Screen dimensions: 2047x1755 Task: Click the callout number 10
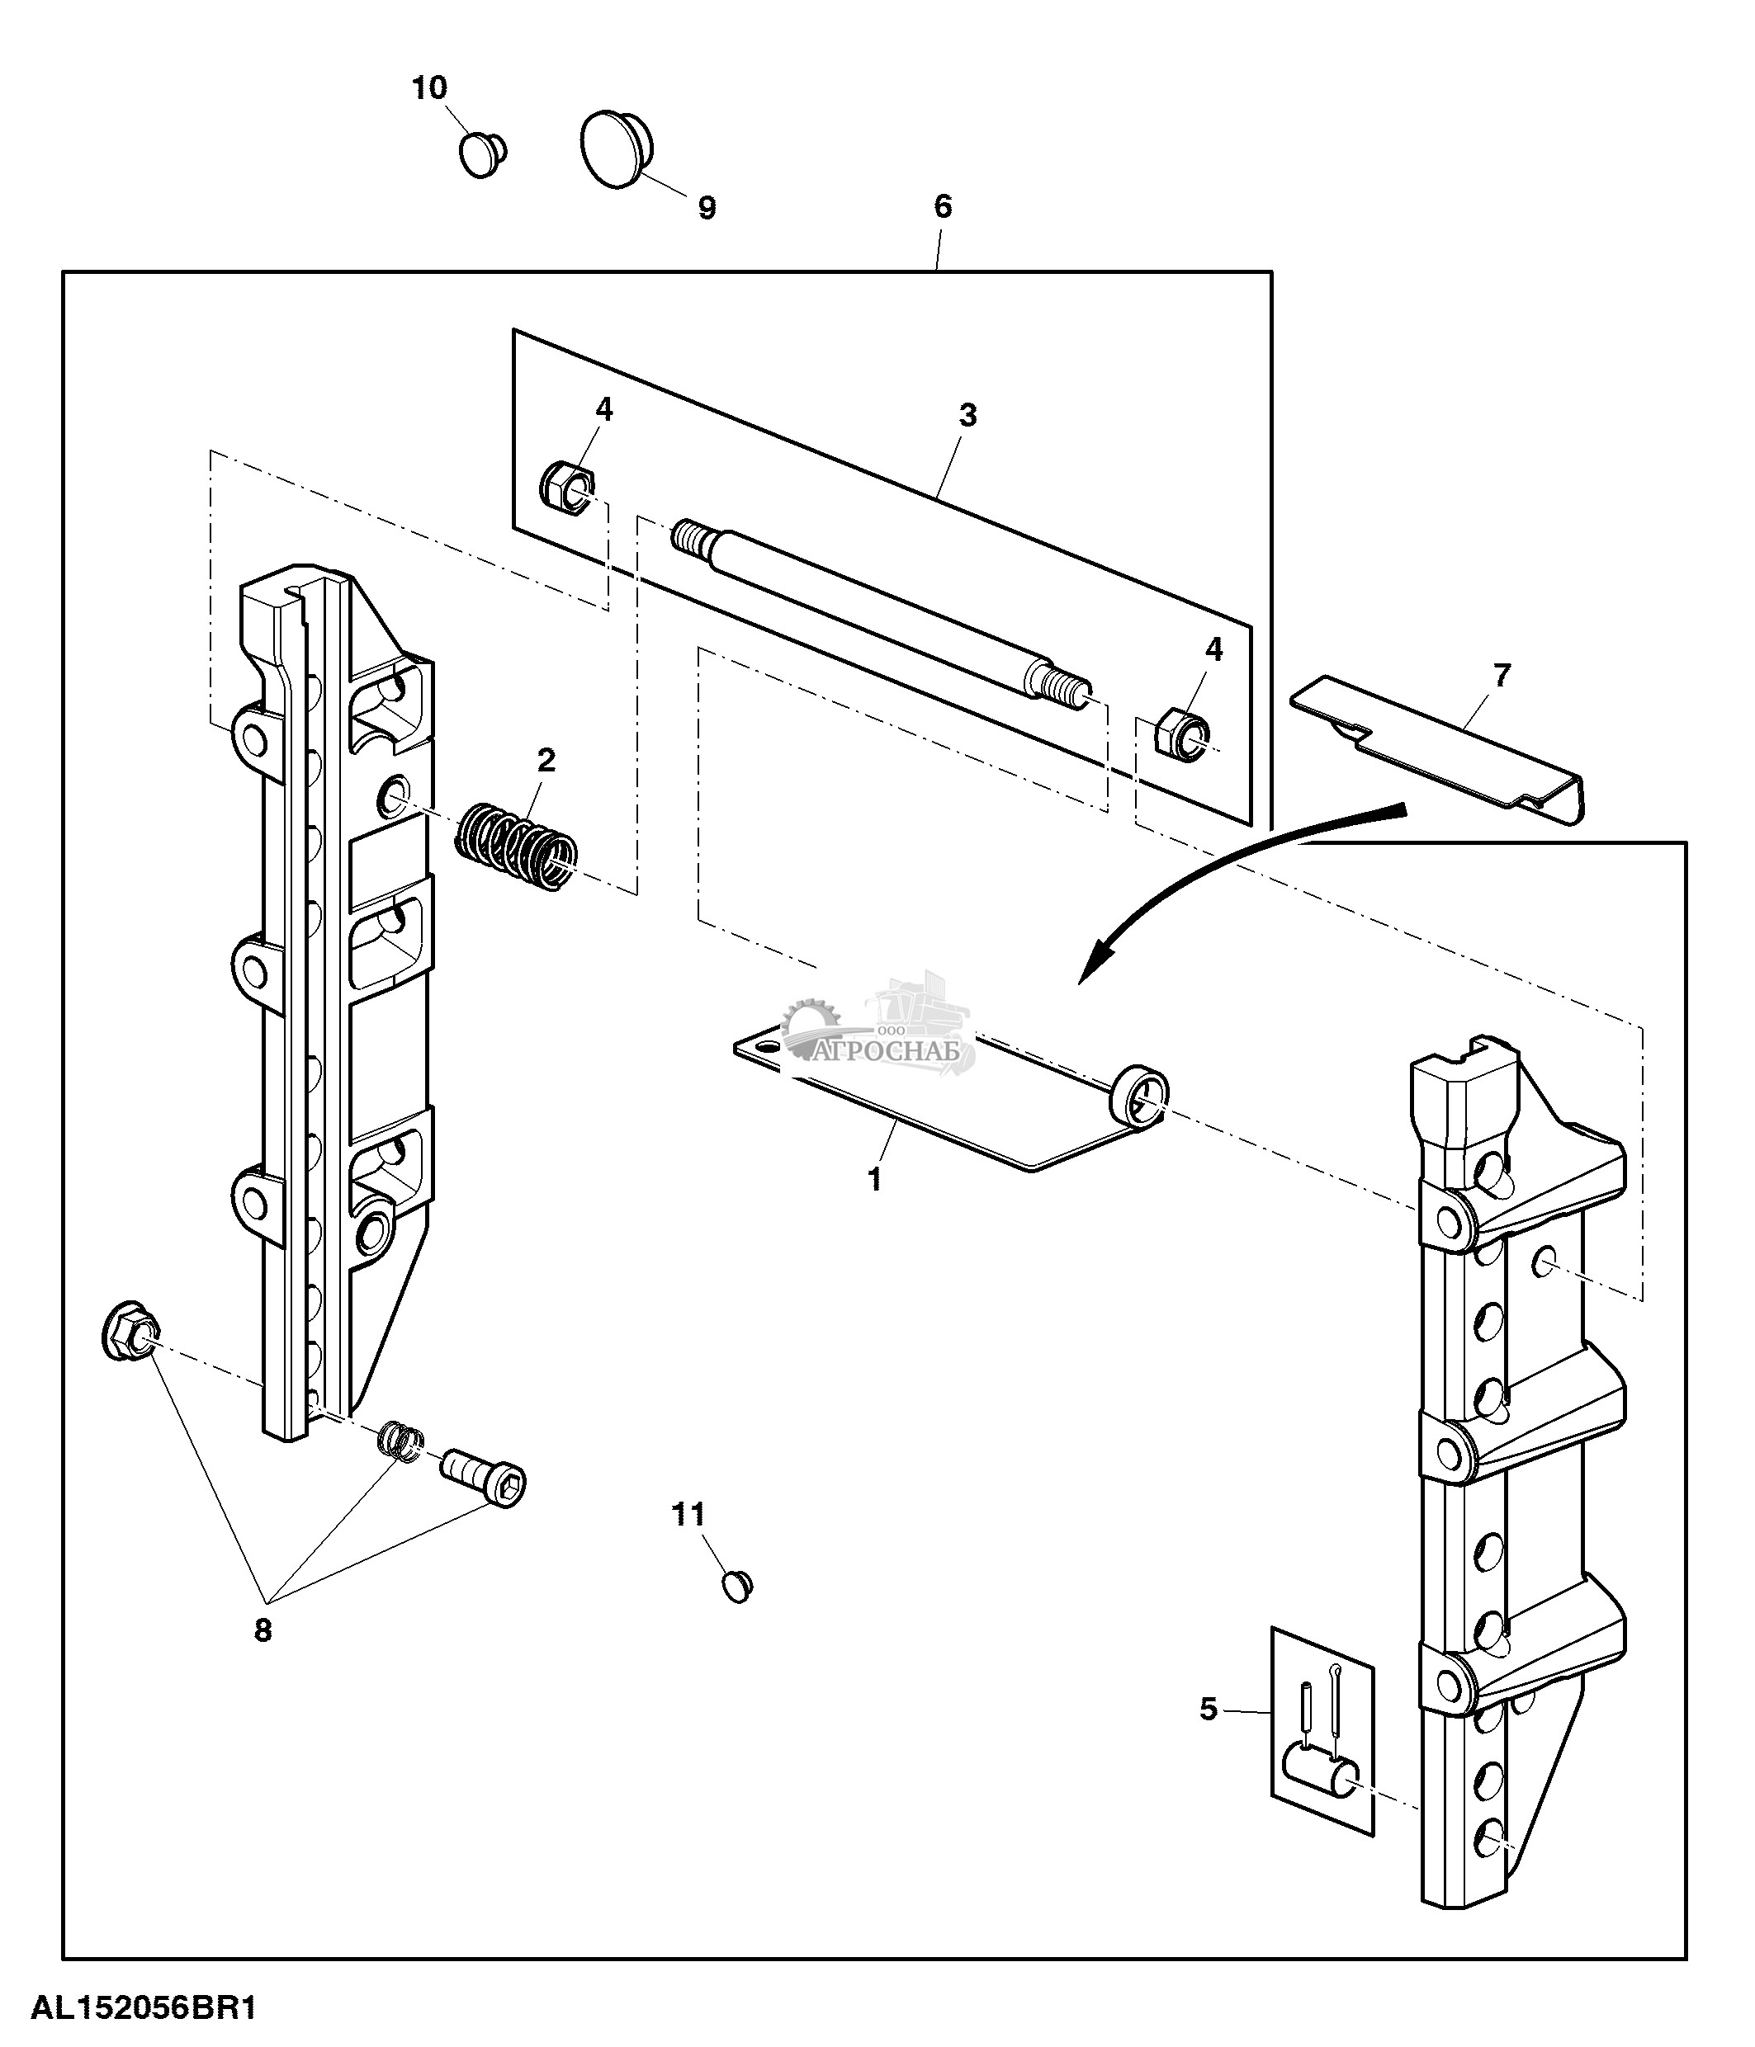pos(430,88)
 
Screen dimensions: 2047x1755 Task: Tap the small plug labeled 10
pos(482,154)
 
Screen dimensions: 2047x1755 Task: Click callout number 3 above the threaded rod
pos(967,415)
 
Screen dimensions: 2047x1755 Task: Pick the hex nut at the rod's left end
pos(567,486)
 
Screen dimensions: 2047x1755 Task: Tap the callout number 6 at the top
pos(943,206)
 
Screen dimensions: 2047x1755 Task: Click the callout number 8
pos(262,1630)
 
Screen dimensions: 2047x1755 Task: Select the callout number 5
pos(1209,1708)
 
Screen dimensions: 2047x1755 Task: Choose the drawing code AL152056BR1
pos(145,2009)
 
